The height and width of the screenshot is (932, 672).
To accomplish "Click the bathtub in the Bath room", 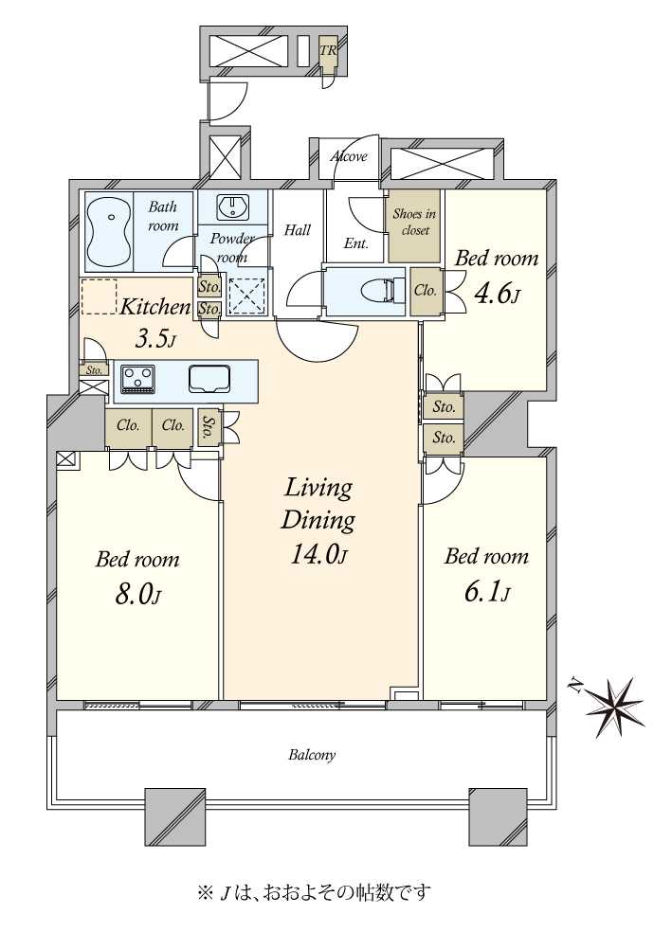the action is (109, 232).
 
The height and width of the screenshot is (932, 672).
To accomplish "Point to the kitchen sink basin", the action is (209, 378).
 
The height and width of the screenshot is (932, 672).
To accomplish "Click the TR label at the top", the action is (328, 50).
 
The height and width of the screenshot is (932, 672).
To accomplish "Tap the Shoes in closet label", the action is (414, 223).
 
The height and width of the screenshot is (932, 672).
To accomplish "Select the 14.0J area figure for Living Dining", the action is (318, 554).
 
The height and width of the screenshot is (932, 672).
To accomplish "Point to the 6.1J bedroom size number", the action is (486, 592).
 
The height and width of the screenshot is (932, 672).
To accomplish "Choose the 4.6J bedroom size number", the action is (497, 294).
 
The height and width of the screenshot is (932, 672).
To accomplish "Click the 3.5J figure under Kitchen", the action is (155, 340).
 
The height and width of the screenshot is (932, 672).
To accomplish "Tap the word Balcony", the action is (312, 755).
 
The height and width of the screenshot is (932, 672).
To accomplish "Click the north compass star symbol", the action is (614, 708).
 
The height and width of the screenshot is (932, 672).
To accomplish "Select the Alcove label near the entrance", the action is (349, 156).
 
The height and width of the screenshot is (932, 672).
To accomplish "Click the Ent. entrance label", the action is (356, 243).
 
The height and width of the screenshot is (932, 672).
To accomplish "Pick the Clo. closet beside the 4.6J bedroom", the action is (426, 291).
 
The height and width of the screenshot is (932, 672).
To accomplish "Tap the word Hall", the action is (298, 229).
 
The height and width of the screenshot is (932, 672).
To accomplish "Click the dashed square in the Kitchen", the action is (99, 296).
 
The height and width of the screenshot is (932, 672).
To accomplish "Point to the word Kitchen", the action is (155, 307).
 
